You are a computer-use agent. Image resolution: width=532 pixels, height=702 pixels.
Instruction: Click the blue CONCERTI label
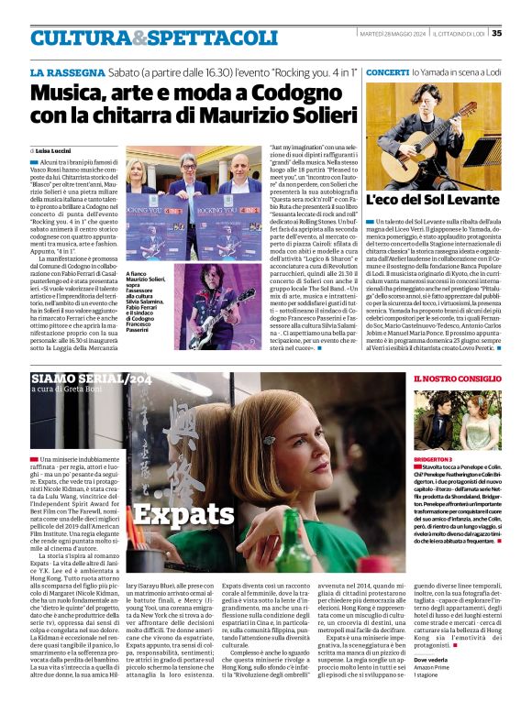[x=386, y=71]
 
